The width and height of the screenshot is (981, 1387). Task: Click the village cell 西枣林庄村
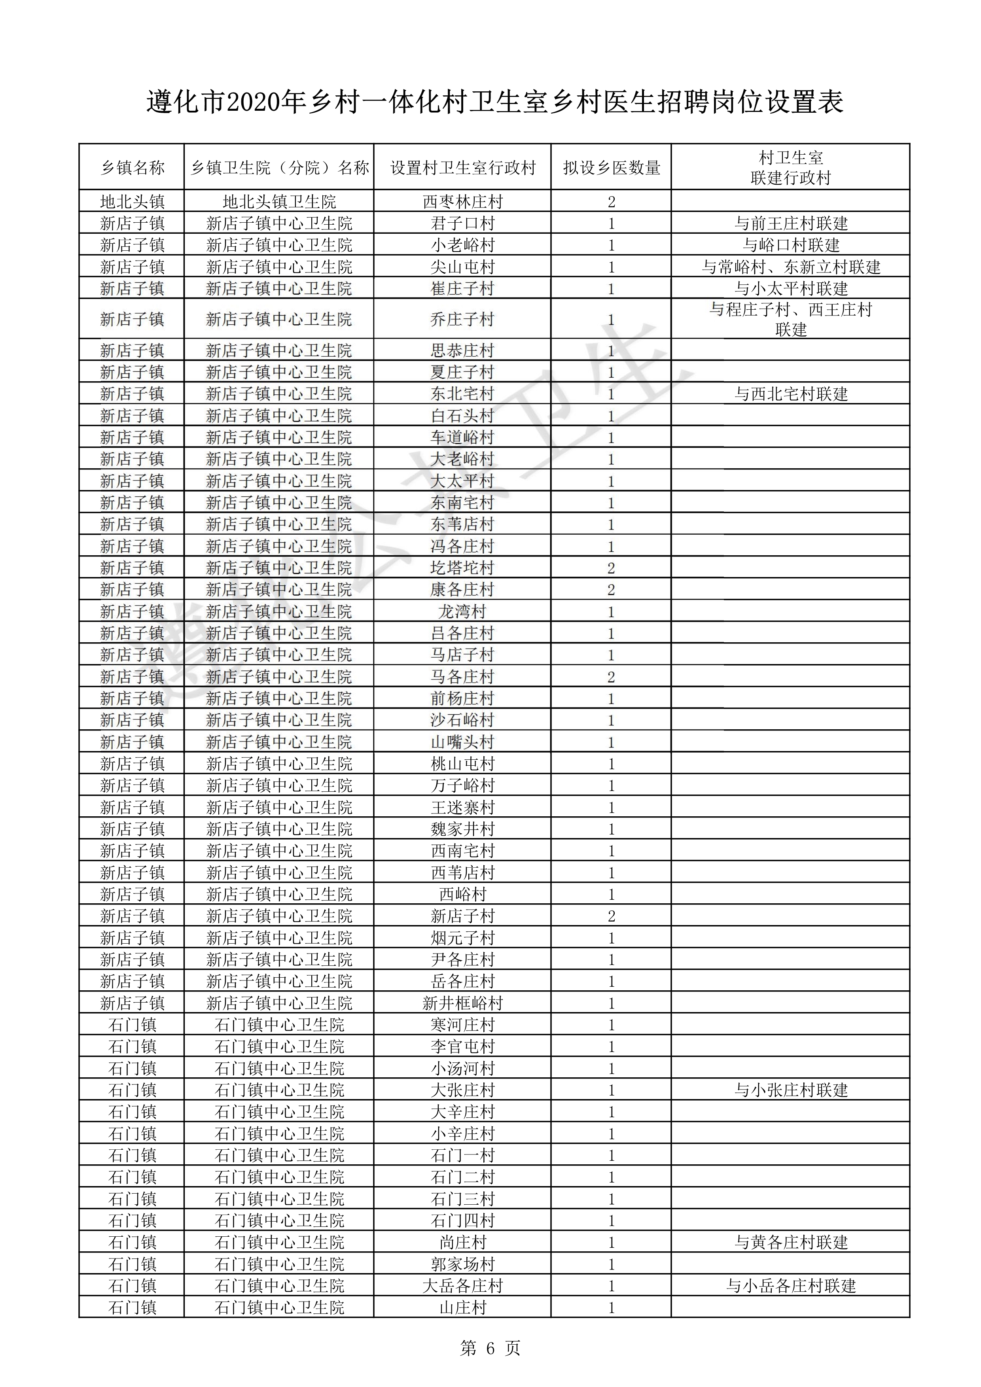463,202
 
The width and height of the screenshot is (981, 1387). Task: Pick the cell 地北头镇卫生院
279,202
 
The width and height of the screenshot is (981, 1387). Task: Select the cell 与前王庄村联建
791,223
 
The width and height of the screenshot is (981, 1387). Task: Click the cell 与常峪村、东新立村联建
791,267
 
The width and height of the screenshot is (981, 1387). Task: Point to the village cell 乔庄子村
463,319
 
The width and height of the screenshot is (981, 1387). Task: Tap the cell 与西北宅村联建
791,394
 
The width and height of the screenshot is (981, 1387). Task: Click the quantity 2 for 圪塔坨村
611,568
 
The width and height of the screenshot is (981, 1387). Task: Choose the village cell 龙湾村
463,612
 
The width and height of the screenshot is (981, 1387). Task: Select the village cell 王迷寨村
463,808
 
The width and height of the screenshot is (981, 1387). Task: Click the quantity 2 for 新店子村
611,916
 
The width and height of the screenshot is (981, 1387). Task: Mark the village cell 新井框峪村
463,1003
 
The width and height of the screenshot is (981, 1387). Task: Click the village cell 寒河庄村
463,1025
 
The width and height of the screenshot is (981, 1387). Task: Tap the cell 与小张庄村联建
791,1090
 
